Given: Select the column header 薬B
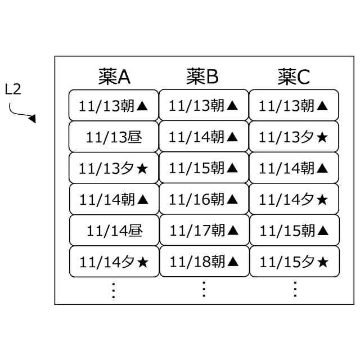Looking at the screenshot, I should pyautogui.click(x=202, y=76).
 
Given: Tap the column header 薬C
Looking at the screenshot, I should pyautogui.click(x=294, y=76).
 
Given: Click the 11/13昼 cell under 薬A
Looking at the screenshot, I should pyautogui.click(x=114, y=136).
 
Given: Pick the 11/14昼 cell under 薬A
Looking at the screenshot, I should pyautogui.click(x=114, y=230).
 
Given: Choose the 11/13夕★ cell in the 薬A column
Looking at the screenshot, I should pyautogui.click(x=114, y=168).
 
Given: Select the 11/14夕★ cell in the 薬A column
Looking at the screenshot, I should pyautogui.click(x=114, y=262).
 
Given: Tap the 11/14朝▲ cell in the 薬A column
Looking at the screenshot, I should pyautogui.click(x=114, y=199).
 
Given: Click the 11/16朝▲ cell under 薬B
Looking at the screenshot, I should pyautogui.click(x=204, y=199).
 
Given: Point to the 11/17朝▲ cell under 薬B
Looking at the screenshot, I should pyautogui.click(x=204, y=230).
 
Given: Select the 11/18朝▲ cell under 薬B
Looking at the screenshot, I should pyautogui.click(x=204, y=262).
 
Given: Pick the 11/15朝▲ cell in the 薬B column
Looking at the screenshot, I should pyautogui.click(x=204, y=168).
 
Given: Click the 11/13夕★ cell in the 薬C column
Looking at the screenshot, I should pyautogui.click(x=294, y=136).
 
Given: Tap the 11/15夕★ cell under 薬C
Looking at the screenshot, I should pyautogui.click(x=294, y=262).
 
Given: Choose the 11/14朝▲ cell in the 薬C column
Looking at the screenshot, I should pyautogui.click(x=294, y=168).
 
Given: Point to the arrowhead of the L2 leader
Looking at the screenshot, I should pyautogui.click(x=33, y=119).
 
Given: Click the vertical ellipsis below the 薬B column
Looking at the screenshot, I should pyautogui.click(x=204, y=289).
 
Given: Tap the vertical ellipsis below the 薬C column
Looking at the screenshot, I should pyautogui.click(x=294, y=289).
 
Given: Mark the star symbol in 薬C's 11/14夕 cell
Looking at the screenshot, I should pyautogui.click(x=322, y=199).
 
